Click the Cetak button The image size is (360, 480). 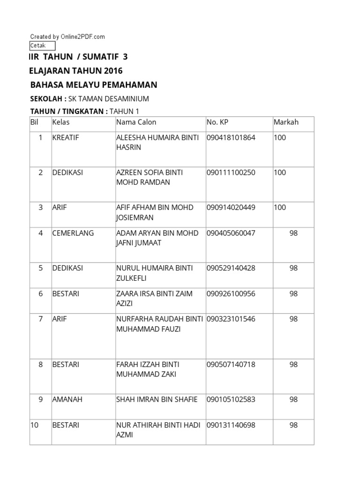pyautogui.click(x=42, y=45)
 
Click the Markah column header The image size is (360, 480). pyautogui.click(x=286, y=122)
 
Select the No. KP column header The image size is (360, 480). pyautogui.click(x=217, y=122)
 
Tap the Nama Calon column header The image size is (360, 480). pyautogui.click(x=136, y=122)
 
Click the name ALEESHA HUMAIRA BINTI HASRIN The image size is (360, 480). pyautogui.click(x=157, y=142)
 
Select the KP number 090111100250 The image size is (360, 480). pyautogui.click(x=231, y=172)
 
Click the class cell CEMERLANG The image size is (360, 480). pyautogui.click(x=73, y=233)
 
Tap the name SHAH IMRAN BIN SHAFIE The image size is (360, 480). pyautogui.click(x=157, y=399)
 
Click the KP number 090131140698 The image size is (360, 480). pyautogui.click(x=231, y=425)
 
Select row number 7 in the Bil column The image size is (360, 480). pyautogui.click(x=41, y=319)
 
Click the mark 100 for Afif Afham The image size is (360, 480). pyautogui.click(x=280, y=207)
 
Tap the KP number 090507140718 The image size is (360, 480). pyautogui.click(x=231, y=364)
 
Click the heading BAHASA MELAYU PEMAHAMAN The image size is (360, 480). pyautogui.click(x=94, y=85)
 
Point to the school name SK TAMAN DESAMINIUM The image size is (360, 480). pyautogui.click(x=109, y=99)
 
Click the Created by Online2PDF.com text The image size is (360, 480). pyautogui.click(x=67, y=37)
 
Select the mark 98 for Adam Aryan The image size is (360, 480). pyautogui.click(x=294, y=233)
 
